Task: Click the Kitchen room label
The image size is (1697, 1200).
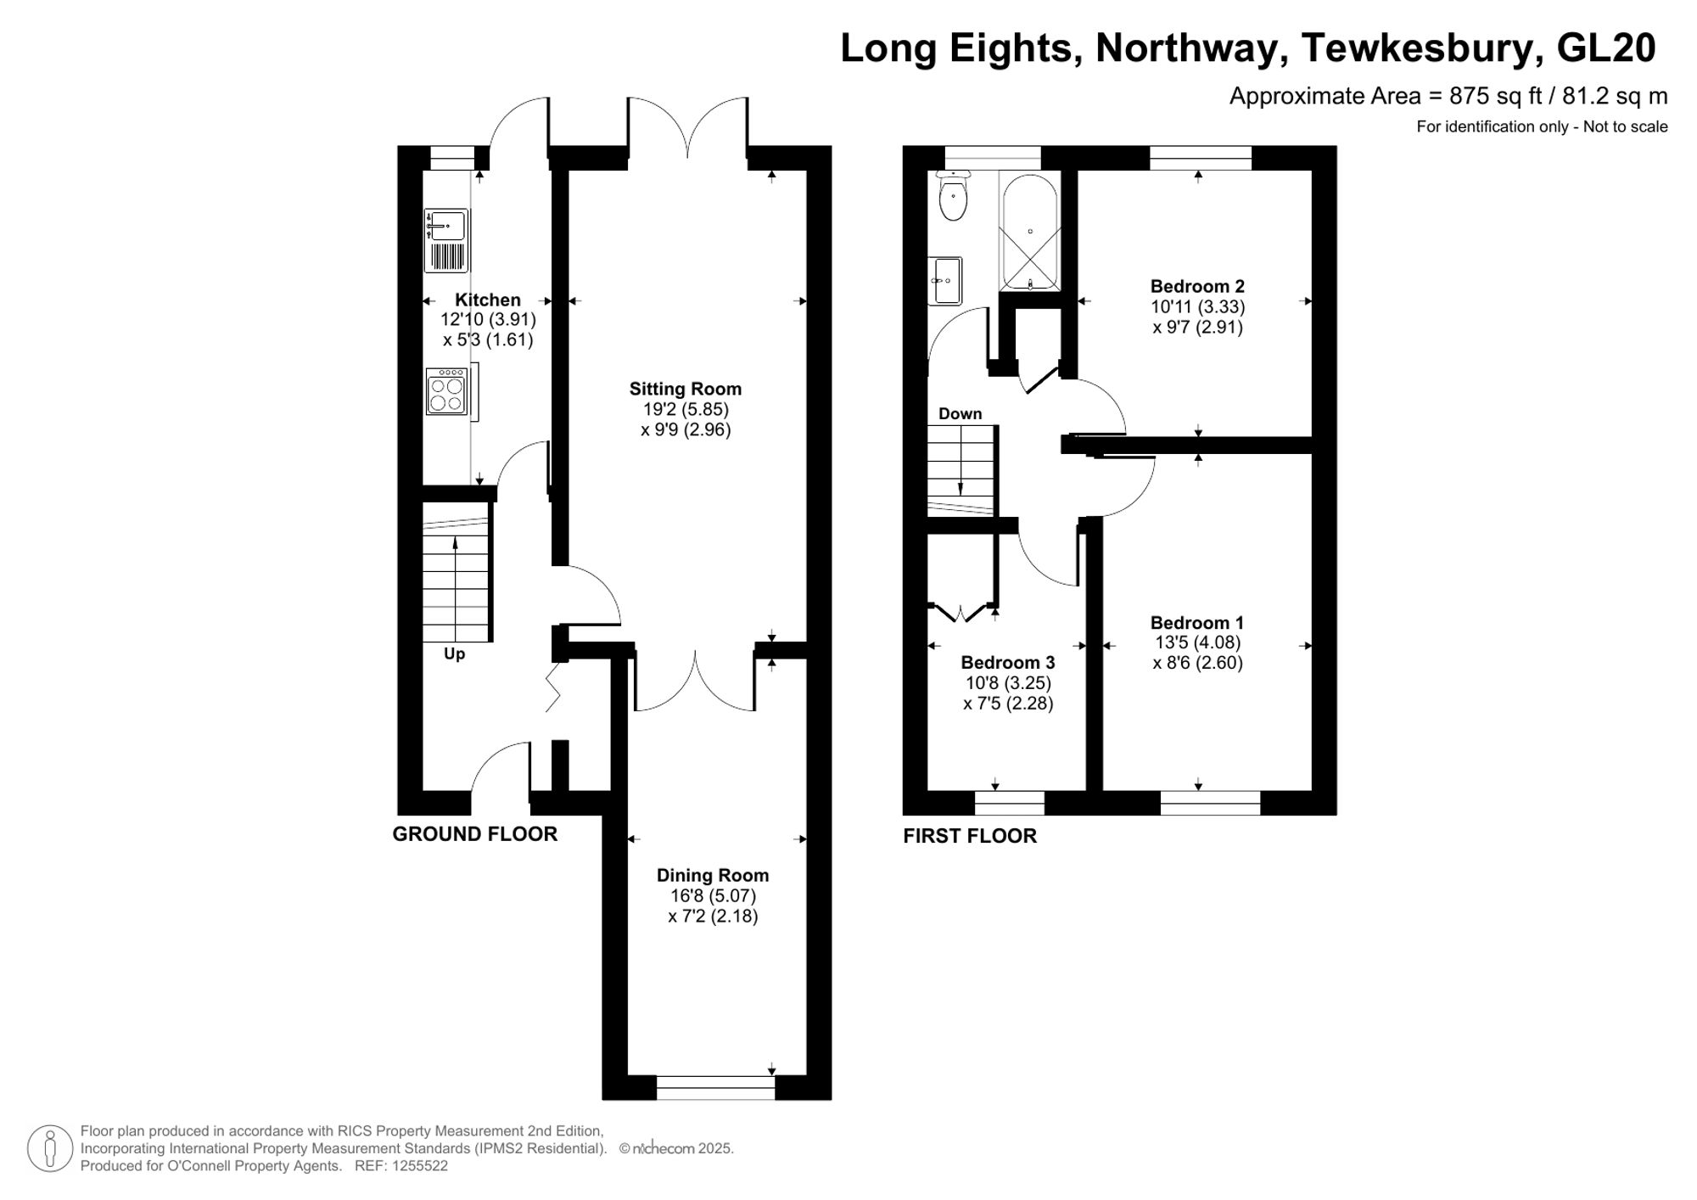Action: point(487,300)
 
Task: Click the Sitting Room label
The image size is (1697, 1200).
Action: point(685,389)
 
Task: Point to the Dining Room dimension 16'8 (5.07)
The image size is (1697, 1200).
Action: point(712,895)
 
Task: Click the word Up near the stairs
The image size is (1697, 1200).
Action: point(454,654)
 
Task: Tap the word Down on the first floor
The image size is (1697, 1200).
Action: point(960,414)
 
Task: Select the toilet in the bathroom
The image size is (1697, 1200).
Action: point(954,198)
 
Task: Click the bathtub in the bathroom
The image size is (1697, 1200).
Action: point(1030,232)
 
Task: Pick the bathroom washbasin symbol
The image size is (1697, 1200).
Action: point(946,280)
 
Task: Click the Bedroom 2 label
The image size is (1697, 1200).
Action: point(1196,286)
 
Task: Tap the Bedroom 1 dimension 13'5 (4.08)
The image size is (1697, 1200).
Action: point(1196,642)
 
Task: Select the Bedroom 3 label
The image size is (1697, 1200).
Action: point(1007,662)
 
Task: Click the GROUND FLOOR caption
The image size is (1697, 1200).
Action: point(474,834)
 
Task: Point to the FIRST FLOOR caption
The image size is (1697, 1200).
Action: point(969,836)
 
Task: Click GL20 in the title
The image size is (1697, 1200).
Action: point(1606,48)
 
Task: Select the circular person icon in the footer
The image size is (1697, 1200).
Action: point(50,1149)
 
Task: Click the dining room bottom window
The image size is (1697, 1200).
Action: point(715,1087)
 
